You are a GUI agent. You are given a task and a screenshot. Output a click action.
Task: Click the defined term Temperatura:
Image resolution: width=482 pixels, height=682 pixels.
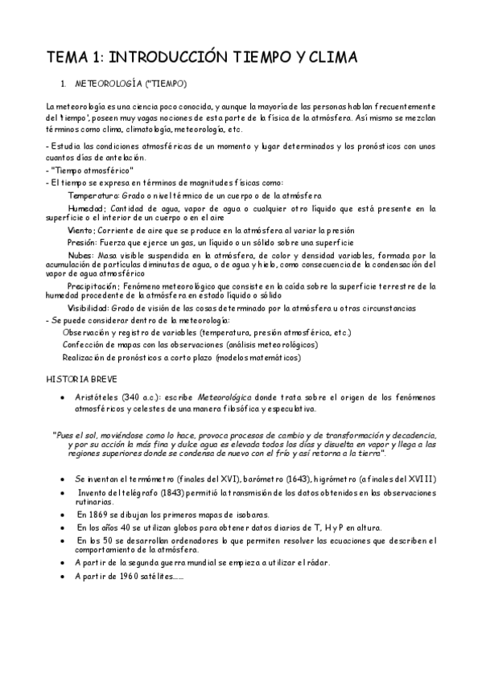coord(93,195)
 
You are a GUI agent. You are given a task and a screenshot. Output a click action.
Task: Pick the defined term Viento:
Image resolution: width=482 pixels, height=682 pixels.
coord(83,230)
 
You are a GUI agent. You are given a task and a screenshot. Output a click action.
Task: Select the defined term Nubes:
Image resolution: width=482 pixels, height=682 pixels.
coord(82,253)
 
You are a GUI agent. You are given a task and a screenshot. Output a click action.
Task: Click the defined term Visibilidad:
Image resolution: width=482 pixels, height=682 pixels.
coord(90,308)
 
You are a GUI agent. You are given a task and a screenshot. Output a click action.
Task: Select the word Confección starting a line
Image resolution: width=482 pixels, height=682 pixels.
coord(83,344)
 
